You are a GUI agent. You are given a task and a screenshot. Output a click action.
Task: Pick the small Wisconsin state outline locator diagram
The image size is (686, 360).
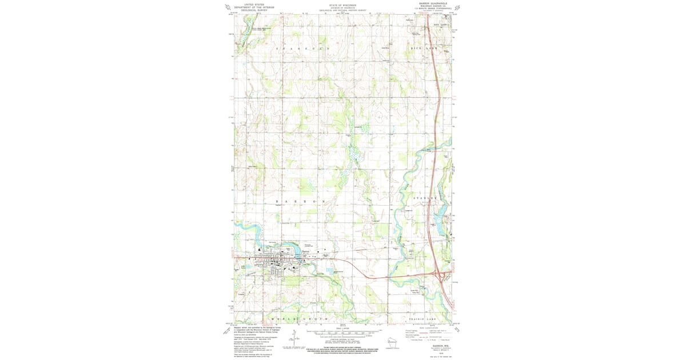(393, 343)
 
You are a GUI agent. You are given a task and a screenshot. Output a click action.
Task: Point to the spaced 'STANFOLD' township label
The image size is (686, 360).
(303, 50)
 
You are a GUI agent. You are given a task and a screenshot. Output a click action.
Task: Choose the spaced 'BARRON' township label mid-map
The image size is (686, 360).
(296, 202)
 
